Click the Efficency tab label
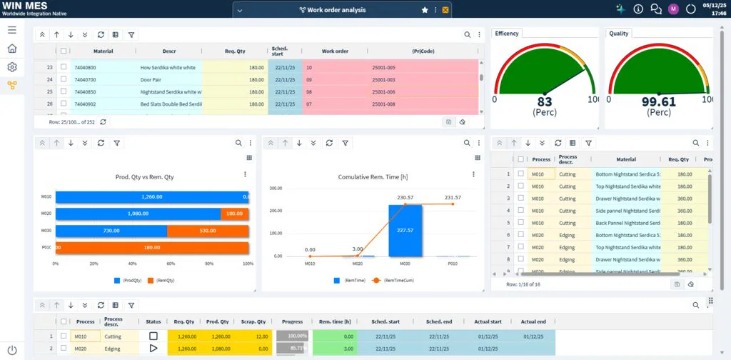(507, 34)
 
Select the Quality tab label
(619, 34)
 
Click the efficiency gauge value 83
(545, 102)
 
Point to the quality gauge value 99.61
(658, 102)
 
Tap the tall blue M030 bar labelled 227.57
(405, 230)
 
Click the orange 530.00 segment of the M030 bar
(208, 231)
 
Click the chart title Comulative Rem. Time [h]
(373, 176)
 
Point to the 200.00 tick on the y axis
(274, 211)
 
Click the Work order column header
(335, 51)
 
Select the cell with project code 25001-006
(383, 92)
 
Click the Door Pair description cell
(151, 80)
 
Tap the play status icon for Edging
(153, 348)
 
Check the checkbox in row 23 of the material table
(64, 68)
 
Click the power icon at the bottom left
(11, 350)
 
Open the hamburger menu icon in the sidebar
(12, 30)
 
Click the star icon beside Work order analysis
(425, 10)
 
